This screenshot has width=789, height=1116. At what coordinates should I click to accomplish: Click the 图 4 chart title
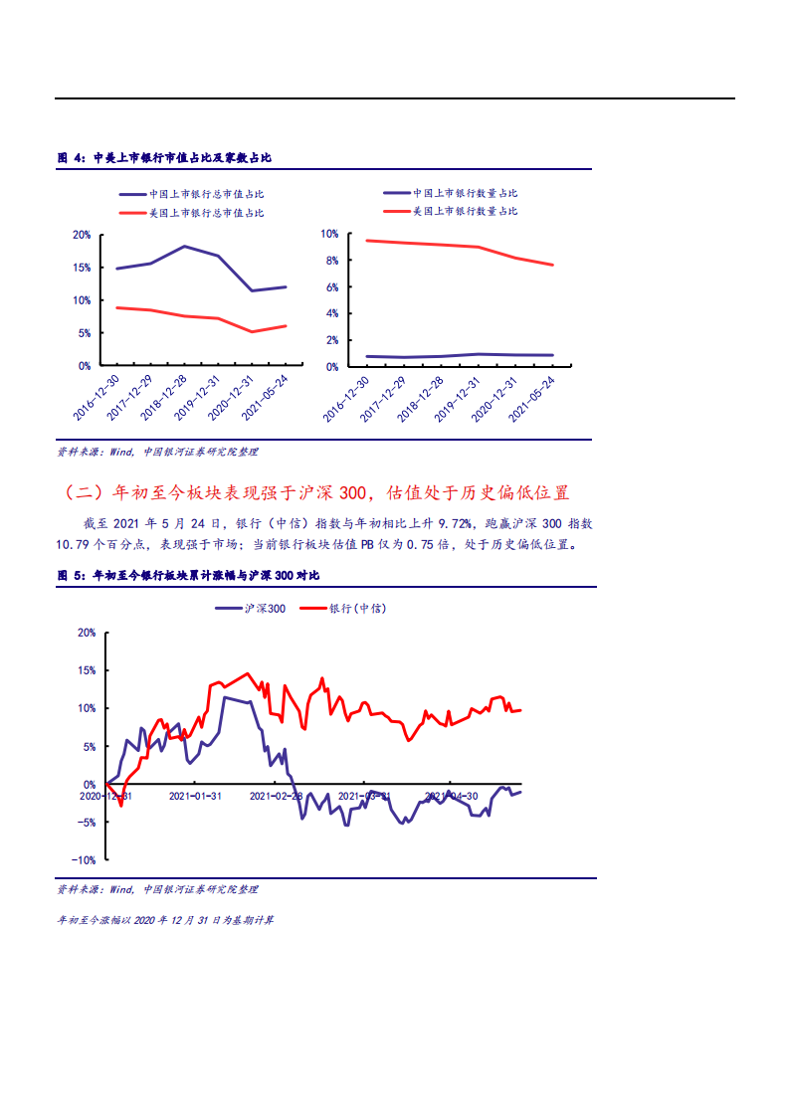pos(164,158)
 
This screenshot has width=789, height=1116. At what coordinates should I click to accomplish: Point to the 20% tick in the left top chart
pos(82,235)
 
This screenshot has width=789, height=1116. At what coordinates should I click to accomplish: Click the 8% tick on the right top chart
pos(329,261)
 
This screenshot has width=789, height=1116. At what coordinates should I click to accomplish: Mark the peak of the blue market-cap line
pos(185,246)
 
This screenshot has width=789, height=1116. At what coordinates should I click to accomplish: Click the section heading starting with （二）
pos(316,492)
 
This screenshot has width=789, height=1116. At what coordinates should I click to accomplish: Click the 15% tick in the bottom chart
pos(86,670)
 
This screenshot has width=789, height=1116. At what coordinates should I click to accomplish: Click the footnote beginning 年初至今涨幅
pos(165,920)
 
